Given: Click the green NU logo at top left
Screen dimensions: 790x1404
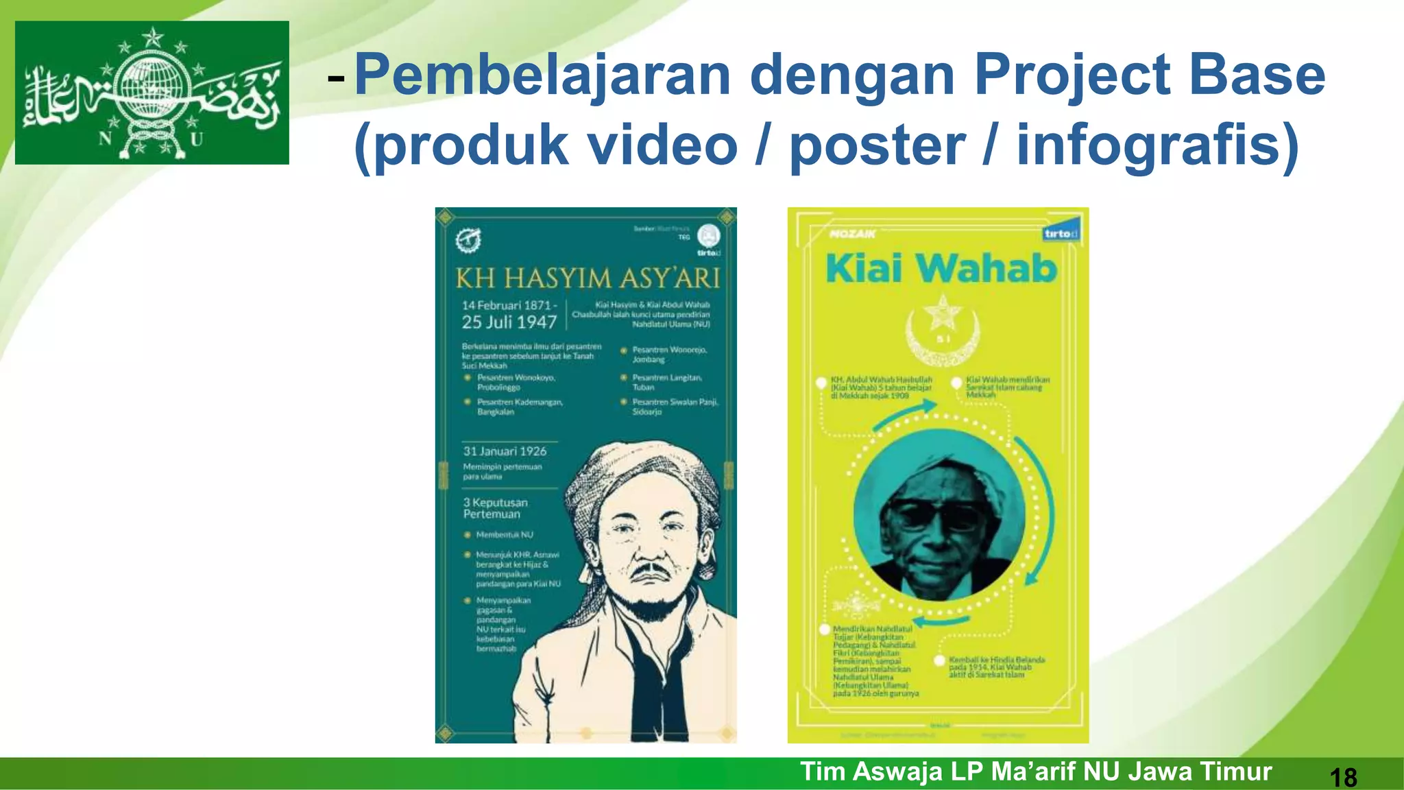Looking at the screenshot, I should [x=152, y=93].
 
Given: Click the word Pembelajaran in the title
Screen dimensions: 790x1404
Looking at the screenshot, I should [x=542, y=75].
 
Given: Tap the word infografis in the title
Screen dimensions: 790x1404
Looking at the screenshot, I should [x=1157, y=145].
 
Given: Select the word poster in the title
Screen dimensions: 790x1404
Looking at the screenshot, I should [x=877, y=145].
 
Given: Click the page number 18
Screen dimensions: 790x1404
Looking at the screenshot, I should [x=1343, y=777].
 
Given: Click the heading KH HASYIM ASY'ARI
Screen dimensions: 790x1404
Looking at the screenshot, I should [x=588, y=278].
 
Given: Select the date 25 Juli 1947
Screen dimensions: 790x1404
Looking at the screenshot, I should [x=509, y=322].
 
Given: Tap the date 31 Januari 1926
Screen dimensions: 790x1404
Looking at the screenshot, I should [x=505, y=451].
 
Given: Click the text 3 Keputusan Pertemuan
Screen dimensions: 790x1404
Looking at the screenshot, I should [x=495, y=508].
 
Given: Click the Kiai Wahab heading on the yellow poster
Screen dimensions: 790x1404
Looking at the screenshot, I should [x=941, y=268].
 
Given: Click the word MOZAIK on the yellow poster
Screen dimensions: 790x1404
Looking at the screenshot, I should [x=852, y=234].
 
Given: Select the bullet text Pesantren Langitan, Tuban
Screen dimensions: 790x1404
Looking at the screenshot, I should [x=666, y=382].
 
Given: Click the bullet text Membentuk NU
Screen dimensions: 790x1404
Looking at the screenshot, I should [x=504, y=534].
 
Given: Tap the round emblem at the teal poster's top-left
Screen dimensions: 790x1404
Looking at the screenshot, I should [x=468, y=240].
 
